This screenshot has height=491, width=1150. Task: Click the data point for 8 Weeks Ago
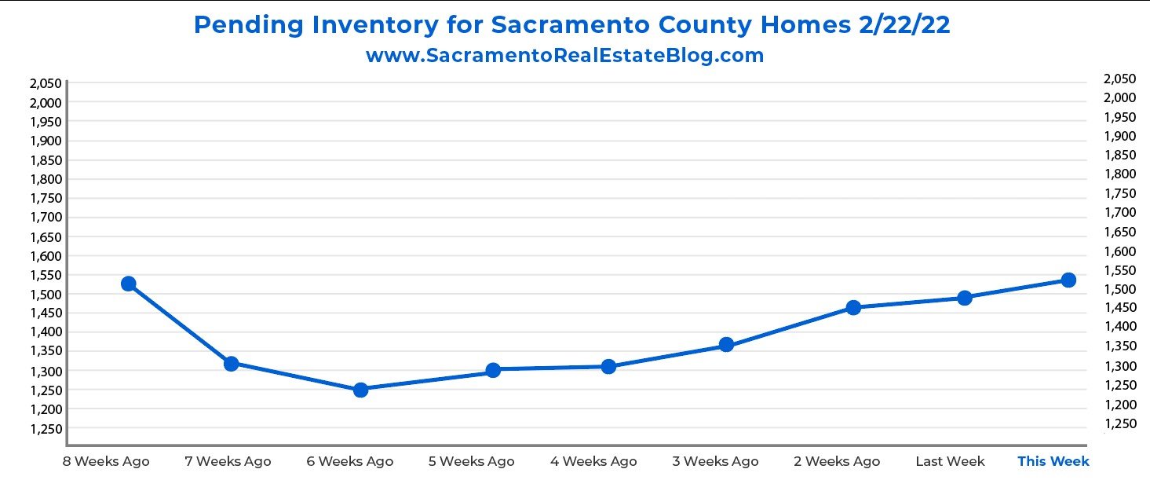click(129, 284)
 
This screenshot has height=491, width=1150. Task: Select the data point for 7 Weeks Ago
click(232, 364)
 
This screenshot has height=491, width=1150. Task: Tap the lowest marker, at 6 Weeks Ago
click(361, 390)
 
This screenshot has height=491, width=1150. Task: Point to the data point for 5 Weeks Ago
click(493, 370)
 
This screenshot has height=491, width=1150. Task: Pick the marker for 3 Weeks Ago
click(726, 345)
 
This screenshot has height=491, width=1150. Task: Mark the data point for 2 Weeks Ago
click(853, 307)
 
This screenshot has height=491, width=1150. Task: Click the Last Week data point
click(965, 298)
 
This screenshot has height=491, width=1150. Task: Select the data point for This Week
click(1068, 280)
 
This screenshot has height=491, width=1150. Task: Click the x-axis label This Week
click(1053, 461)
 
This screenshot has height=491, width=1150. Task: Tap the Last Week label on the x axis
click(950, 461)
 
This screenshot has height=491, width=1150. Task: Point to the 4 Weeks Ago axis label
click(593, 461)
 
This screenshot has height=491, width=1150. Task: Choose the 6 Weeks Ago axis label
click(350, 461)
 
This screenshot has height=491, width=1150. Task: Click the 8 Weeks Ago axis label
click(106, 461)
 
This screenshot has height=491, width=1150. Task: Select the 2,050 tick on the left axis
click(46, 83)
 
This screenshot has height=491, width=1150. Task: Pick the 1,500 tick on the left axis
click(46, 294)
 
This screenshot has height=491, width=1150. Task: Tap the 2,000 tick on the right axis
click(1119, 97)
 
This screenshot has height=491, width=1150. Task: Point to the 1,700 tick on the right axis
click(1119, 212)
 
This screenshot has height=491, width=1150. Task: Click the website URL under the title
click(564, 56)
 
